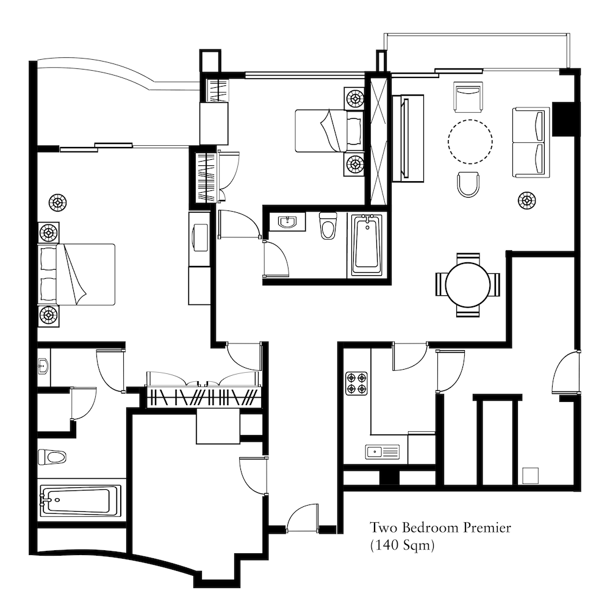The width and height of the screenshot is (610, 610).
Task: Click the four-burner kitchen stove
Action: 356,384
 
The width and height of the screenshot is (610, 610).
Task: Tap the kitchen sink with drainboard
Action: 382,452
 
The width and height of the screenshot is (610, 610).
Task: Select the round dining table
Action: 468,285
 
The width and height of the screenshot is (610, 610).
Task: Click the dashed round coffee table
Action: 470,142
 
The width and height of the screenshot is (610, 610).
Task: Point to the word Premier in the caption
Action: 487,528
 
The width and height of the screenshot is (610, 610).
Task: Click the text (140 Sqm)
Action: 402,545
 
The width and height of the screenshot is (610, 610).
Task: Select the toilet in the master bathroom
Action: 52,457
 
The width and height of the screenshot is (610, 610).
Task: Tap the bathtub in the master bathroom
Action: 81,501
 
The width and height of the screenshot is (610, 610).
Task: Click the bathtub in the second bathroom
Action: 367,245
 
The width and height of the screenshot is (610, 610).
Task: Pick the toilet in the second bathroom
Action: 328,226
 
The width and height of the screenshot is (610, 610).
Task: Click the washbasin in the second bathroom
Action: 287,222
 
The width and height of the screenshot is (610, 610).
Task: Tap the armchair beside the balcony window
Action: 468,96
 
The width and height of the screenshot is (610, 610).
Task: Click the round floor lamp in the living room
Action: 526,200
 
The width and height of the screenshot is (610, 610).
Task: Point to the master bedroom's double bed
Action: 76,274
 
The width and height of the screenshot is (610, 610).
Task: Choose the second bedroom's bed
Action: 329,131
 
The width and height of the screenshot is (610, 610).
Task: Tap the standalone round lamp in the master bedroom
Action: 57,203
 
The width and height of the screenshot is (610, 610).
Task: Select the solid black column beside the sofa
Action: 563,119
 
